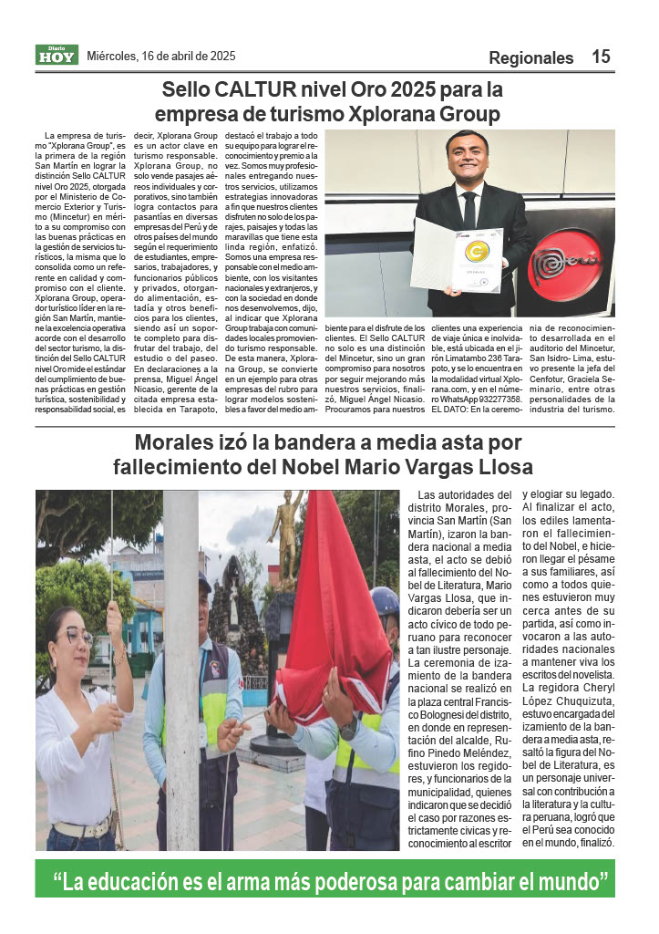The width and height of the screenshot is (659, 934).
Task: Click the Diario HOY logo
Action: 57,55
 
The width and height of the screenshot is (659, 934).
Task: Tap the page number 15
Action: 601,57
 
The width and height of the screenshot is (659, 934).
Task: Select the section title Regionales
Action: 530,57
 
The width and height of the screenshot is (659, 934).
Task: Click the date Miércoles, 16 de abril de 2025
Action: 160,56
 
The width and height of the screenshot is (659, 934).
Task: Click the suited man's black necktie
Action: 469,211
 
